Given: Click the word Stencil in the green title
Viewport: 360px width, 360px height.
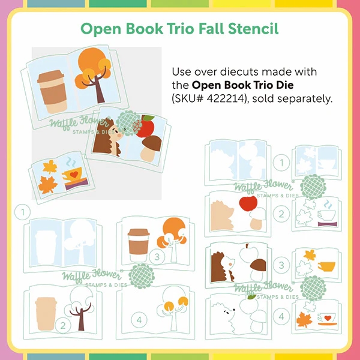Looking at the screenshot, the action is (x=253, y=28).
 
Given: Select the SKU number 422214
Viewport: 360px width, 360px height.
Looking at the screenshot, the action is (x=225, y=99).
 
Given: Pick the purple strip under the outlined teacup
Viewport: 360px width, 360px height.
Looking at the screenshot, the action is (x=328, y=224).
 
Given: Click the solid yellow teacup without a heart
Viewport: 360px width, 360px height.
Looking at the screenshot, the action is (x=326, y=266).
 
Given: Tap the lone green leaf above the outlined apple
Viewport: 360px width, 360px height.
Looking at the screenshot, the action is (x=251, y=297).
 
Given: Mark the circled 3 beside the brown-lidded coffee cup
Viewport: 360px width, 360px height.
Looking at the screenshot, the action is (x=157, y=257).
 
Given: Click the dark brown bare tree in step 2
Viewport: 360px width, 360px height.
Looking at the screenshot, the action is (x=80, y=316).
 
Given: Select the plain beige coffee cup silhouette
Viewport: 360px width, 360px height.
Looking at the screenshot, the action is (x=46, y=314).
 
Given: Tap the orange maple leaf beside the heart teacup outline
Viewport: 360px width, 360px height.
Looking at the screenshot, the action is (x=304, y=319).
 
